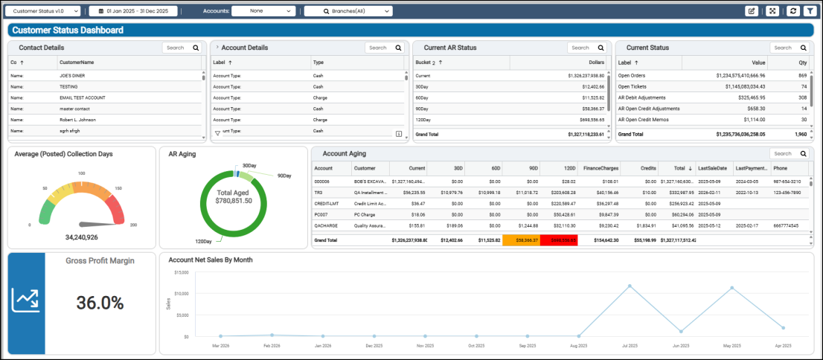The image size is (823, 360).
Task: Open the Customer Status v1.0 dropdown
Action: pyautogui.click(x=45, y=11)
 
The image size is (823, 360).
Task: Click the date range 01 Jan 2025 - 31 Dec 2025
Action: pyautogui.click(x=138, y=11)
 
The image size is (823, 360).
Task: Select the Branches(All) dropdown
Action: pyautogui.click(x=348, y=11)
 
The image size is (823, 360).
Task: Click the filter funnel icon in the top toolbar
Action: pyautogui.click(x=809, y=11)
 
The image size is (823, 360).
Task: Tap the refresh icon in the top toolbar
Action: pyautogui.click(x=792, y=11)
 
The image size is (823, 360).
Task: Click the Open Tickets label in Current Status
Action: pyautogui.click(x=633, y=86)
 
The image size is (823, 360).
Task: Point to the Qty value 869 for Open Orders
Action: pyautogui.click(x=802, y=76)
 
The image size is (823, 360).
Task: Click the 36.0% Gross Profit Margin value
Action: pyautogui.click(x=100, y=303)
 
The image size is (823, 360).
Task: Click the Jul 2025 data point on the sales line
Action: pyautogui.click(x=630, y=286)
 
